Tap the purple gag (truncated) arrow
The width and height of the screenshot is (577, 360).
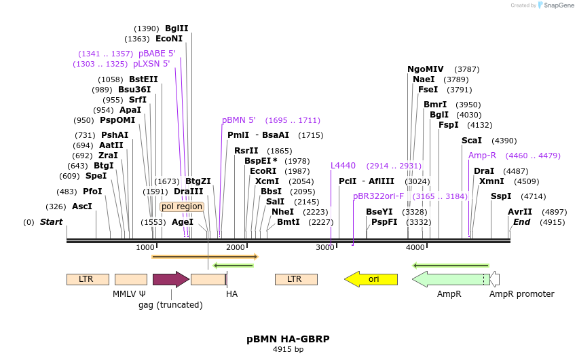[x=170, y=279]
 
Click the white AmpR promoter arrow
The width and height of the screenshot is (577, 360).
[x=495, y=279]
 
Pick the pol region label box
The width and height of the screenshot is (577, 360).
[x=182, y=206]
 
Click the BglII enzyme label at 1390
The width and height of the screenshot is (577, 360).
[x=176, y=29]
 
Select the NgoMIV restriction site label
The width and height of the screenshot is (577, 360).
[x=425, y=69]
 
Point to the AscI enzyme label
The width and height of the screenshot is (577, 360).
[x=81, y=206]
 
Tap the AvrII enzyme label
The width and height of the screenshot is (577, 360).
[x=520, y=212]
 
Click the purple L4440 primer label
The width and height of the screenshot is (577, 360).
[x=343, y=166]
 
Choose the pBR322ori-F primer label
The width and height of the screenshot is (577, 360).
[x=378, y=196]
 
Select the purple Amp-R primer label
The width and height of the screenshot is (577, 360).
[x=482, y=156]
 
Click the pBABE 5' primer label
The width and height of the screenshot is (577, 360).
[x=157, y=54]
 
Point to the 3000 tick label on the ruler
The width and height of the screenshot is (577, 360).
[x=325, y=247]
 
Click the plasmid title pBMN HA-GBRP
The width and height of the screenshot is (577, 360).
[x=288, y=338]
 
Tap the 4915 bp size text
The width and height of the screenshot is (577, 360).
[x=288, y=349]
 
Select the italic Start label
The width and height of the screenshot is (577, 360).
[x=51, y=222]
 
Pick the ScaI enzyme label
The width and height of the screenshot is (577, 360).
[x=471, y=141]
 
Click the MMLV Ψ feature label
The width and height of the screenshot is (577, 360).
[x=129, y=294]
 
